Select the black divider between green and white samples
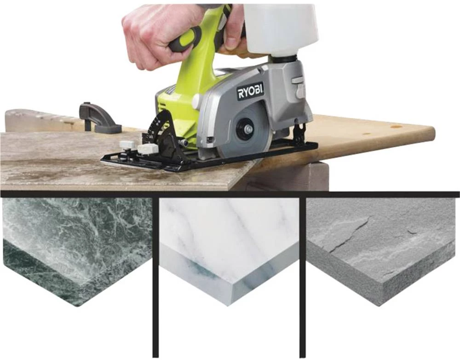coord(155,276)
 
